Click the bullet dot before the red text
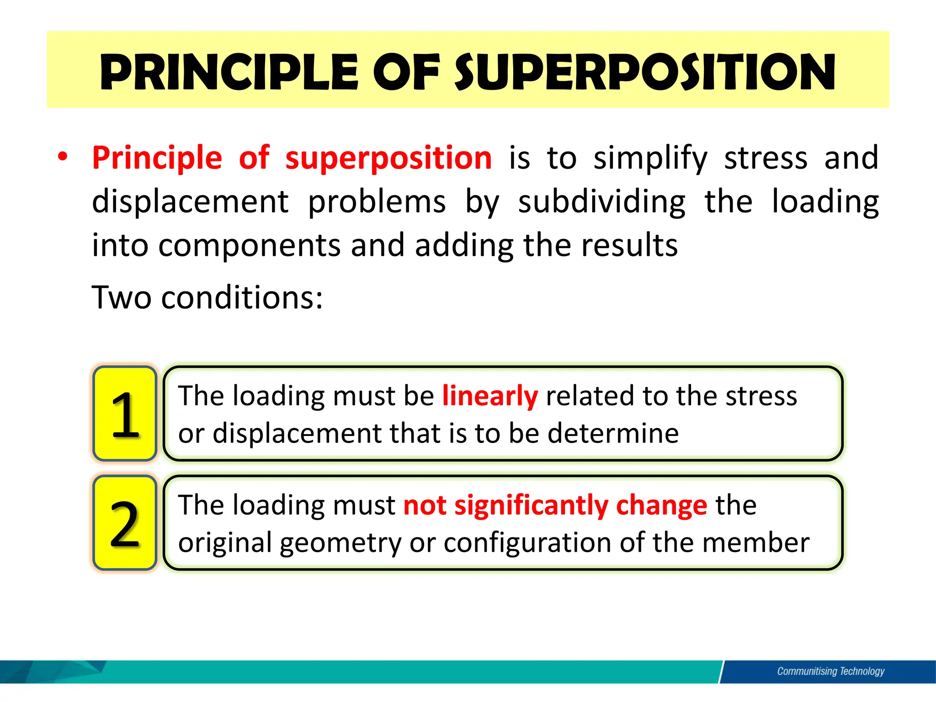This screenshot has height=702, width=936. (63, 157)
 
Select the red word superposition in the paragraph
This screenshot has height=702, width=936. (388, 158)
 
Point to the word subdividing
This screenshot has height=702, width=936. (601, 202)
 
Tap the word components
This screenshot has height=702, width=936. (249, 246)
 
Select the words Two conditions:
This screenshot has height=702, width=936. (207, 298)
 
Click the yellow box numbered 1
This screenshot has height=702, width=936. (125, 414)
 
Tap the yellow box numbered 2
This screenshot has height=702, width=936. (125, 523)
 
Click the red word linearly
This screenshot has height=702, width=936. (490, 396)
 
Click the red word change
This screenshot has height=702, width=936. (661, 505)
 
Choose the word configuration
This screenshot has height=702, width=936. (527, 543)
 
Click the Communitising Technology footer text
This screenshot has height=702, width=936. (830, 671)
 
